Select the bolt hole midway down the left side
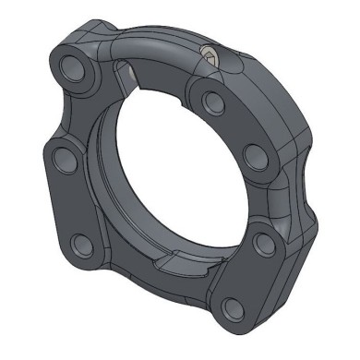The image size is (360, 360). [x=65, y=158]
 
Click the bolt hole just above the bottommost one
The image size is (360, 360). [x=261, y=244]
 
